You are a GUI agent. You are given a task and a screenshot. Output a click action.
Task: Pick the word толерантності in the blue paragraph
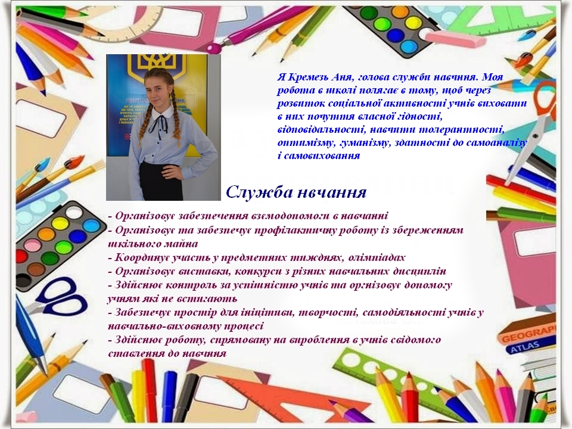coord(461,130)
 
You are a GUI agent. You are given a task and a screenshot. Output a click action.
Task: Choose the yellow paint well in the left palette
coord(60,223)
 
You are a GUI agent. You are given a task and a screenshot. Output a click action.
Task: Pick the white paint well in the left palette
coord(74,212)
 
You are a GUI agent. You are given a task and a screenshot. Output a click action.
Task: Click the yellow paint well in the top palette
coord(414,21)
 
